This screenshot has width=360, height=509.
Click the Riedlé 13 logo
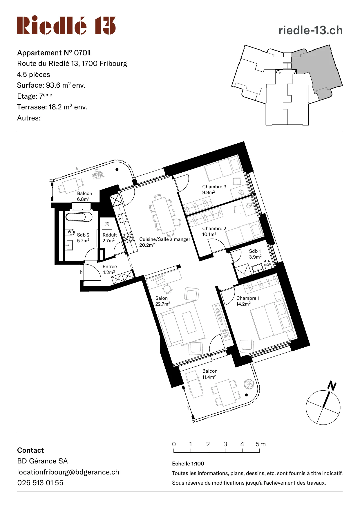66,25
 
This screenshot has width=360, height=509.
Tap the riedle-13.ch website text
310,30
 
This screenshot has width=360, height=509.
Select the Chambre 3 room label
214,187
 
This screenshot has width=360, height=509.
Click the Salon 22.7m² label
162,301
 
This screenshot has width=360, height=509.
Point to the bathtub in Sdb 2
79,217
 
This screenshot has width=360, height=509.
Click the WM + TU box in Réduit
107,224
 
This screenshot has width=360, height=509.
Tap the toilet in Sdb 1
267,263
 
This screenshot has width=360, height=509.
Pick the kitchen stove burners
128,237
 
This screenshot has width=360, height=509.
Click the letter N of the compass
332,386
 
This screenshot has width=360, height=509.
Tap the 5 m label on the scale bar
260,444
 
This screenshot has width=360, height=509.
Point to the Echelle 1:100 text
188,463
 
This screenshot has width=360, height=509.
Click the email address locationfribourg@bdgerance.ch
68,472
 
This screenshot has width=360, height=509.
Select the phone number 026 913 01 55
40,483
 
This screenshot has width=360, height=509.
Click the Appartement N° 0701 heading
54,53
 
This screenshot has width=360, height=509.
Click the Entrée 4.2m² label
110,269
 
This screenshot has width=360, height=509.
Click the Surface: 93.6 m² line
51,85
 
